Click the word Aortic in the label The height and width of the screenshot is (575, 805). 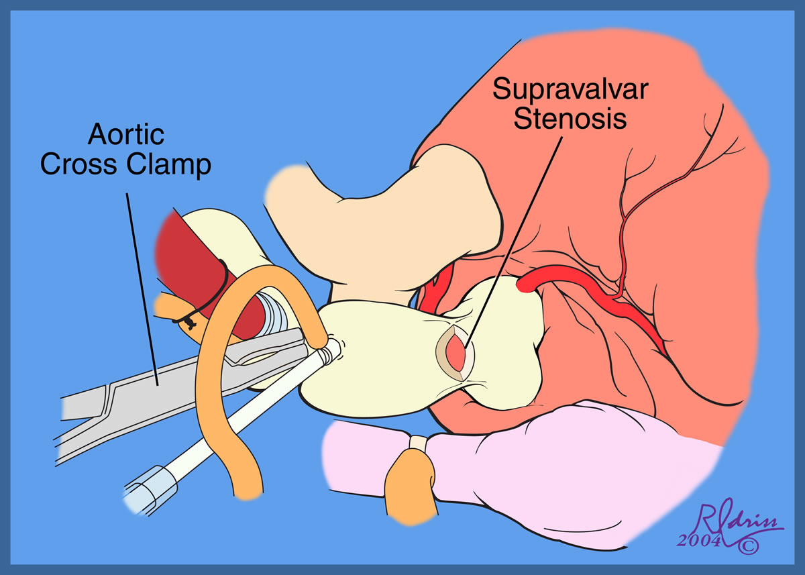[125, 136]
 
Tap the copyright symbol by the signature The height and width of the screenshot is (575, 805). [748, 546]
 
